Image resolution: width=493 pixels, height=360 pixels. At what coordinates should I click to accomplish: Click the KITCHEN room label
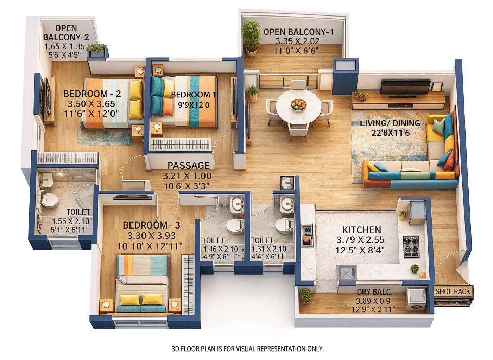point(361,230)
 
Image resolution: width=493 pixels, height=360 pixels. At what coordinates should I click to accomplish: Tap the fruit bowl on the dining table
point(298,104)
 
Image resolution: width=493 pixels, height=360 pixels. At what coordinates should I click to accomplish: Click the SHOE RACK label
point(453,291)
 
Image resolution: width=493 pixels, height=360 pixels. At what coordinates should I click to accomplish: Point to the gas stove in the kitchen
point(411,246)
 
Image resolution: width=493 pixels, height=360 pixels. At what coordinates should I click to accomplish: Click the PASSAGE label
point(188,165)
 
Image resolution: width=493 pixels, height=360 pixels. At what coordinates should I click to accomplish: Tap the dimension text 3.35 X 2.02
point(297,41)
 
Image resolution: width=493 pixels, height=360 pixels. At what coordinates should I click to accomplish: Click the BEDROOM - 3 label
point(151,225)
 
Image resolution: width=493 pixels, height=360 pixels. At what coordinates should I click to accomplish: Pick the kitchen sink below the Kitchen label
point(347,273)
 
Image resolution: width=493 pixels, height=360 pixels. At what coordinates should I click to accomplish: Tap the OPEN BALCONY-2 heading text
point(66,32)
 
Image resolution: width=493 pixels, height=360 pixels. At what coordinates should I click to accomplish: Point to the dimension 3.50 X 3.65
point(91,104)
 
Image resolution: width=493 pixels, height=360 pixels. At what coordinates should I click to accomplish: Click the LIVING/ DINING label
point(390,123)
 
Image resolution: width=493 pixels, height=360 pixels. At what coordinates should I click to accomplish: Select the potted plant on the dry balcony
point(305,295)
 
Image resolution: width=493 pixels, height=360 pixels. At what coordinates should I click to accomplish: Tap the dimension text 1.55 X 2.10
point(70,221)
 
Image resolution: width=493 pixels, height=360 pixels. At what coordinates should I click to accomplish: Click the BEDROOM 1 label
point(193,95)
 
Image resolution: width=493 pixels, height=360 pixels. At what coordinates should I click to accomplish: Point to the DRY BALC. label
point(374,292)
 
